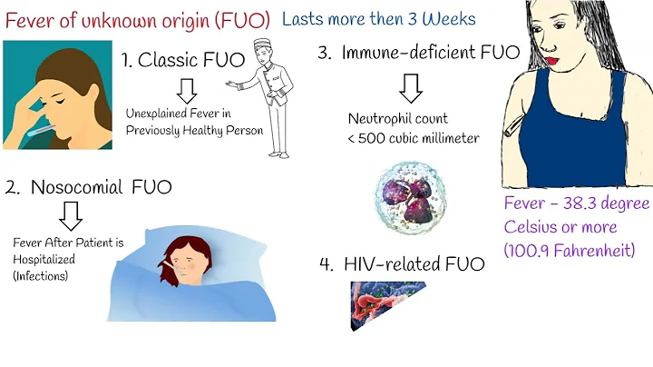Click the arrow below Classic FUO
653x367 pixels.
pos(188,90)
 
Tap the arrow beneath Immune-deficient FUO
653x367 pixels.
pos(410,87)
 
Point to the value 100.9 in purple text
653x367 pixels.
pos(535,249)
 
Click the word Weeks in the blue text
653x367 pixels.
pos(449,18)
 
